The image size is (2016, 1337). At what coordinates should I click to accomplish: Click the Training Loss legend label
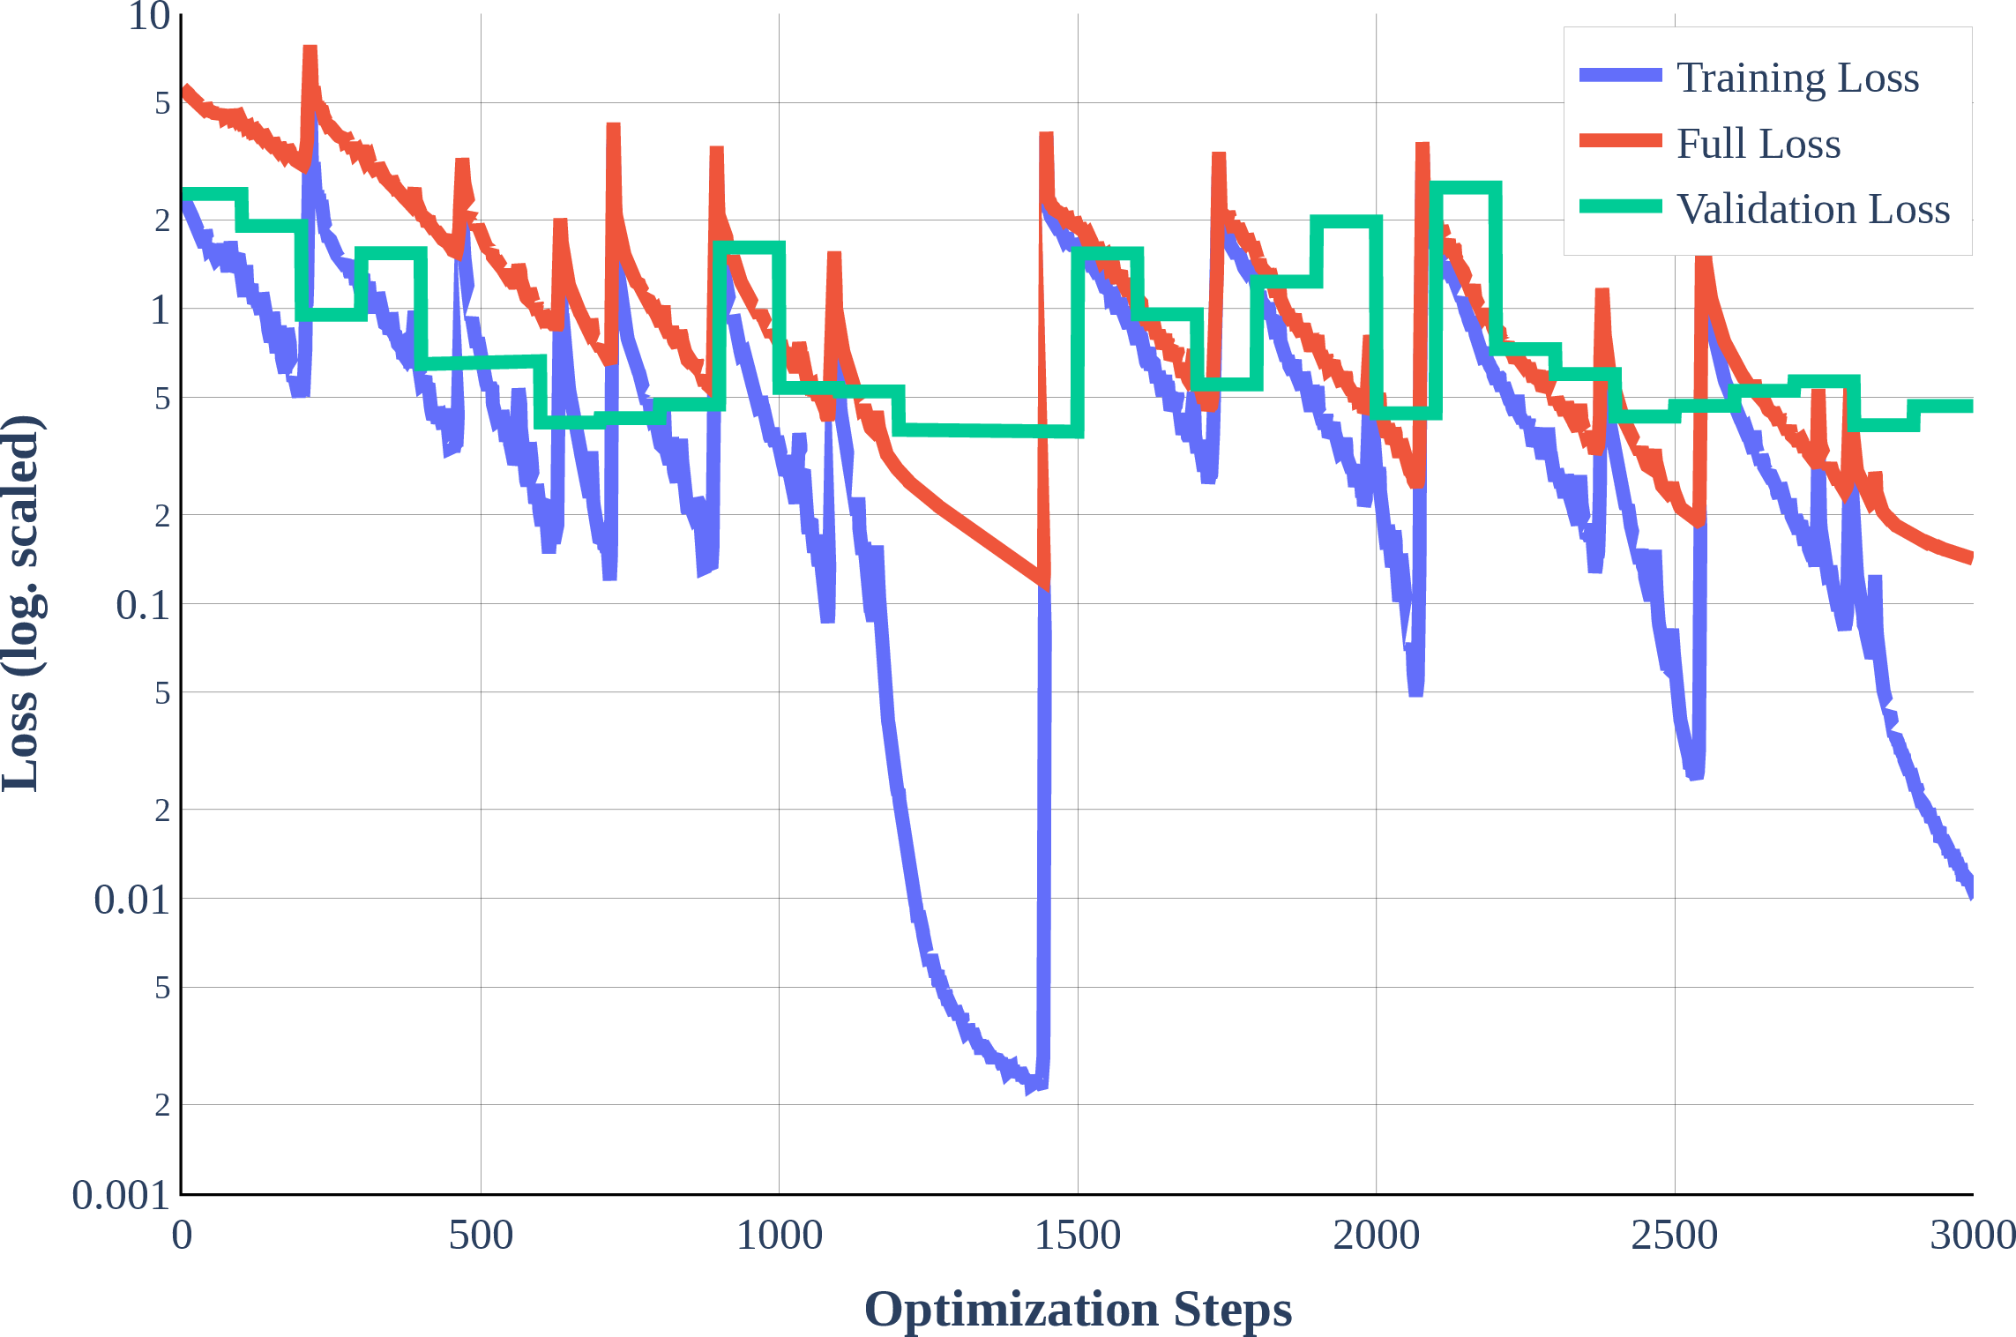(x=1797, y=78)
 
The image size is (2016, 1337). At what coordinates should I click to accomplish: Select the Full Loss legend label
(x=1758, y=143)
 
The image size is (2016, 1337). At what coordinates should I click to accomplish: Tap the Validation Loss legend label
(x=1813, y=209)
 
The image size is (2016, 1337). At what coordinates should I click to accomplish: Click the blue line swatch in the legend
(x=1621, y=75)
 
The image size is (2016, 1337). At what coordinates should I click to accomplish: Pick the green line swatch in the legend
(x=1621, y=206)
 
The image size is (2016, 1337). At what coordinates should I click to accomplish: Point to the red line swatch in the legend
(x=1621, y=141)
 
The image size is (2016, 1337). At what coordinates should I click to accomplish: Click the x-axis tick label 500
(x=481, y=1236)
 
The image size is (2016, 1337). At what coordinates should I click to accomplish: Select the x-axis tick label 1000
(x=779, y=1236)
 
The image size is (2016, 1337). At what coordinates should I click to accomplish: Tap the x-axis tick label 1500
(x=1078, y=1236)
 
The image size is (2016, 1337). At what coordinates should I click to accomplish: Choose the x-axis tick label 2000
(x=1376, y=1236)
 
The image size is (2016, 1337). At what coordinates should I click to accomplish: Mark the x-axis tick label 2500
(x=1674, y=1236)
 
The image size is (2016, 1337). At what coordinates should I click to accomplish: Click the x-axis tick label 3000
(x=1973, y=1236)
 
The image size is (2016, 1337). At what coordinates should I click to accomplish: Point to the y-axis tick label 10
(x=149, y=16)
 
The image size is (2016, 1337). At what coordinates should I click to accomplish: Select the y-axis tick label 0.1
(x=143, y=605)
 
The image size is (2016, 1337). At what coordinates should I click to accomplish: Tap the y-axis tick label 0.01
(x=132, y=900)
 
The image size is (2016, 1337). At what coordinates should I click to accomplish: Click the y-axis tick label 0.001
(x=121, y=1196)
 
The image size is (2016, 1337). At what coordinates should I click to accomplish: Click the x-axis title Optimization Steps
(x=1078, y=1309)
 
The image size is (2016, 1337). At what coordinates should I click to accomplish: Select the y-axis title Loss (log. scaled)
(x=21, y=603)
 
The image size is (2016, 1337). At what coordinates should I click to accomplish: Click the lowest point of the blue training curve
(x=1030, y=1088)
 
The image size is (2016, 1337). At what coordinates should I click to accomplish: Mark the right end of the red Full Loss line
(x=1971, y=557)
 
